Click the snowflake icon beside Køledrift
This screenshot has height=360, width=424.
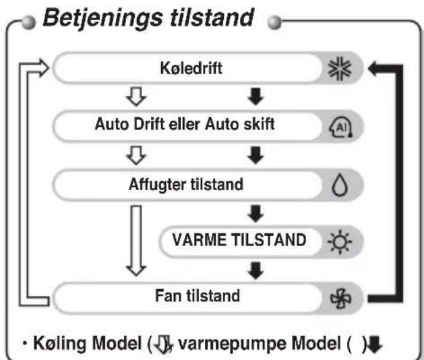point(340,69)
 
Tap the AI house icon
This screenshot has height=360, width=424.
point(340,127)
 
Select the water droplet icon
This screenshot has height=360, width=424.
point(340,185)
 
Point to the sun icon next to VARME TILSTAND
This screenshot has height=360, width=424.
point(340,241)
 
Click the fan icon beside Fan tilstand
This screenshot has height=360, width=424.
point(340,299)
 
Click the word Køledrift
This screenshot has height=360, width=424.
point(191,68)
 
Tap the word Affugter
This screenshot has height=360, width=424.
point(158,185)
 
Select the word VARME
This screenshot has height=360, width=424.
point(200,240)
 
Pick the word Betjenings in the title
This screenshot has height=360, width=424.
point(103,18)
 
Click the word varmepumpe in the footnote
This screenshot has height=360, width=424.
point(233,344)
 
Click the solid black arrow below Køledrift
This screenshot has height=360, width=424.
point(255,96)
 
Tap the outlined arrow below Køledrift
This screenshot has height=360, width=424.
point(136,96)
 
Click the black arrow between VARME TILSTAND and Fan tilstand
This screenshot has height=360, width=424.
point(255,270)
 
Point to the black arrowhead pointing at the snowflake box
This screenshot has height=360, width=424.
point(374,69)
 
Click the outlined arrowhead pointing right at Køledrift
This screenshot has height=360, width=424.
point(43,67)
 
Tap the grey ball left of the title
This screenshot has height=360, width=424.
point(29,22)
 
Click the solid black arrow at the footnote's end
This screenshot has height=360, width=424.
point(375,344)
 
